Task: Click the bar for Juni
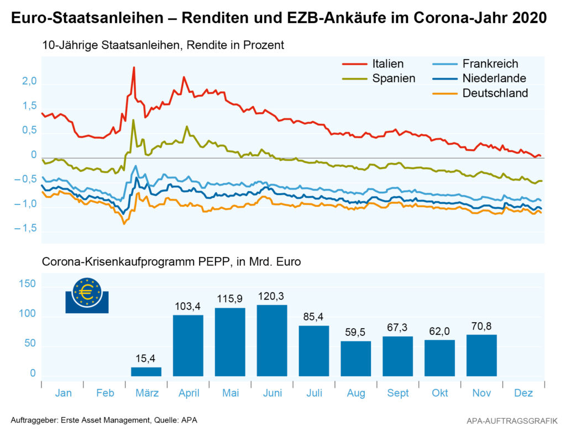click(x=272, y=340)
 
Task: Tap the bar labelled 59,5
click(x=356, y=359)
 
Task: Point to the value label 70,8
click(x=481, y=325)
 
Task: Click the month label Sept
click(x=398, y=393)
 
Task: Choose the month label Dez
click(x=523, y=393)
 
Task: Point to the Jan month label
click(x=63, y=393)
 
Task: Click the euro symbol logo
click(x=87, y=293)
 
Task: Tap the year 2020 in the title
click(x=525, y=18)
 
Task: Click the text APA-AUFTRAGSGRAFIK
click(x=512, y=422)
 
